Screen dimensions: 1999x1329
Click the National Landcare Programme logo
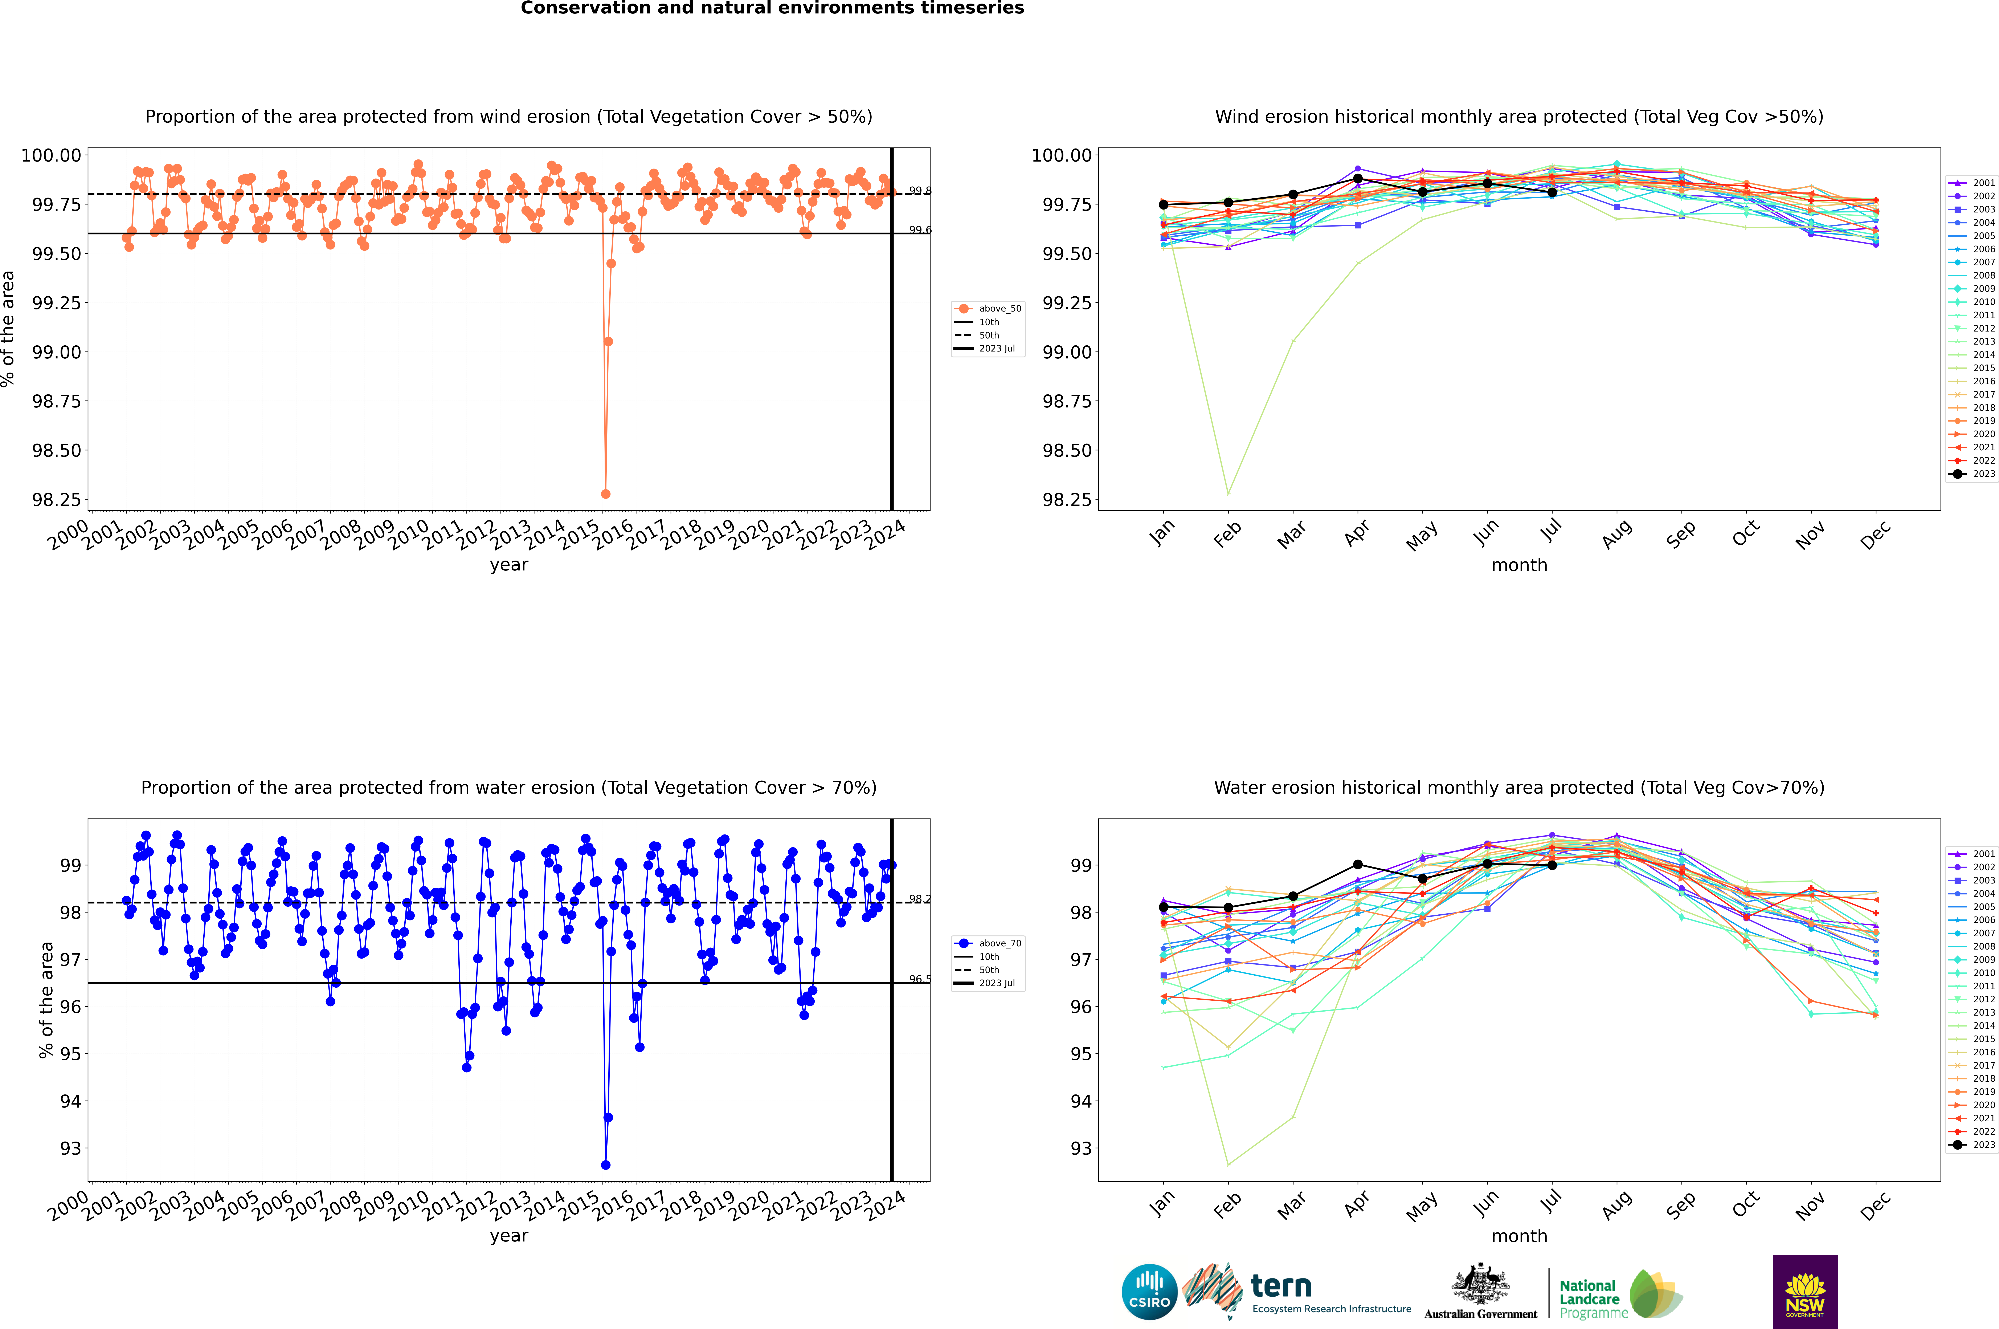point(1620,1294)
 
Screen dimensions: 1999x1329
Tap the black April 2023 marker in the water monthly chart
point(1358,865)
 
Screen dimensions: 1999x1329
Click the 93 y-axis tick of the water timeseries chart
point(70,1149)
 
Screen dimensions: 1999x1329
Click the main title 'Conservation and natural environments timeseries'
point(772,8)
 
